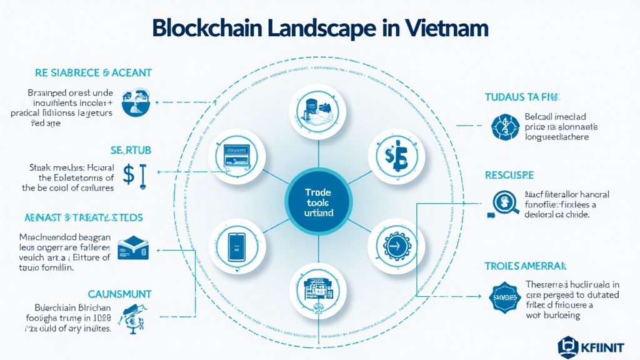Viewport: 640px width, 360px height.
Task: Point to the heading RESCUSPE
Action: pyautogui.click(x=509, y=176)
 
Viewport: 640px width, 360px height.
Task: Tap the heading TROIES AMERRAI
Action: pyautogui.click(x=526, y=266)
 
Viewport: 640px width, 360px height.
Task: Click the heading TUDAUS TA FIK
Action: pyautogui.click(x=522, y=97)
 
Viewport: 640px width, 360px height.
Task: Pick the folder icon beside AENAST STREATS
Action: pyautogui.click(x=132, y=247)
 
